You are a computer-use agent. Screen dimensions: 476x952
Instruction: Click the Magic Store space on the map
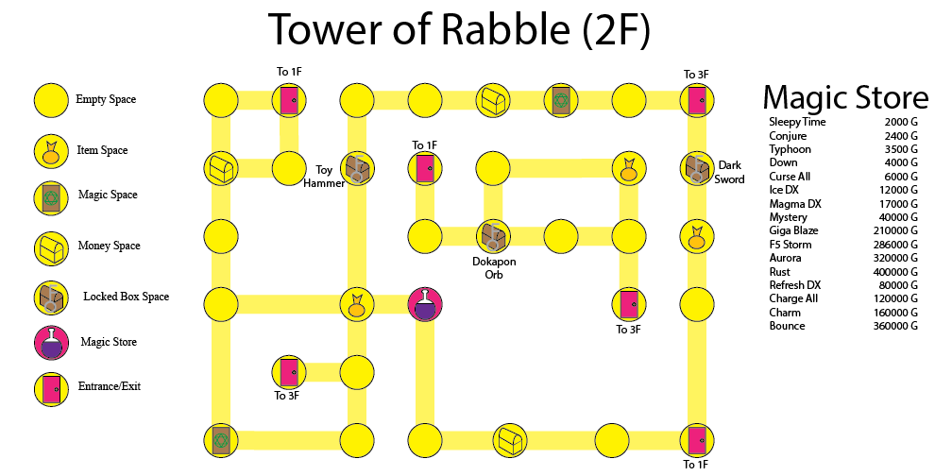point(425,304)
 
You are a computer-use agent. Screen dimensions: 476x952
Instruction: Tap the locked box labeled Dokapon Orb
point(492,234)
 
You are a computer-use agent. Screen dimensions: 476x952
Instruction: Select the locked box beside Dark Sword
point(696,168)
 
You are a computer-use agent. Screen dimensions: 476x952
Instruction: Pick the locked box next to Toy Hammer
point(357,168)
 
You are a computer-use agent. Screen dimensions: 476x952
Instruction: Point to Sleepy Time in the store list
point(797,122)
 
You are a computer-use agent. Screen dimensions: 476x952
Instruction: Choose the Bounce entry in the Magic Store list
point(787,326)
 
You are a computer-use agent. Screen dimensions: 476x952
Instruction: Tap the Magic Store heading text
point(845,96)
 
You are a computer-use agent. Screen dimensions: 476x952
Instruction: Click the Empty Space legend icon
point(51,99)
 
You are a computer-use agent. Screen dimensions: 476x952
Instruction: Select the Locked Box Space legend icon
point(51,297)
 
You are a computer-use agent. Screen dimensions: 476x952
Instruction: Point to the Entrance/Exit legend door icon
point(51,387)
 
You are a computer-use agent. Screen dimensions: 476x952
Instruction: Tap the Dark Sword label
point(730,172)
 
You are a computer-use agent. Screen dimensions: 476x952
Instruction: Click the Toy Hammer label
point(324,177)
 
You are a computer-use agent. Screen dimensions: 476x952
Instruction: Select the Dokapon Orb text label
point(494,268)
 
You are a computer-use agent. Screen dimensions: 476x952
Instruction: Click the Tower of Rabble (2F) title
point(460,30)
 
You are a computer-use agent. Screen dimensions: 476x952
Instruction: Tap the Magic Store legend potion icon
point(51,342)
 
